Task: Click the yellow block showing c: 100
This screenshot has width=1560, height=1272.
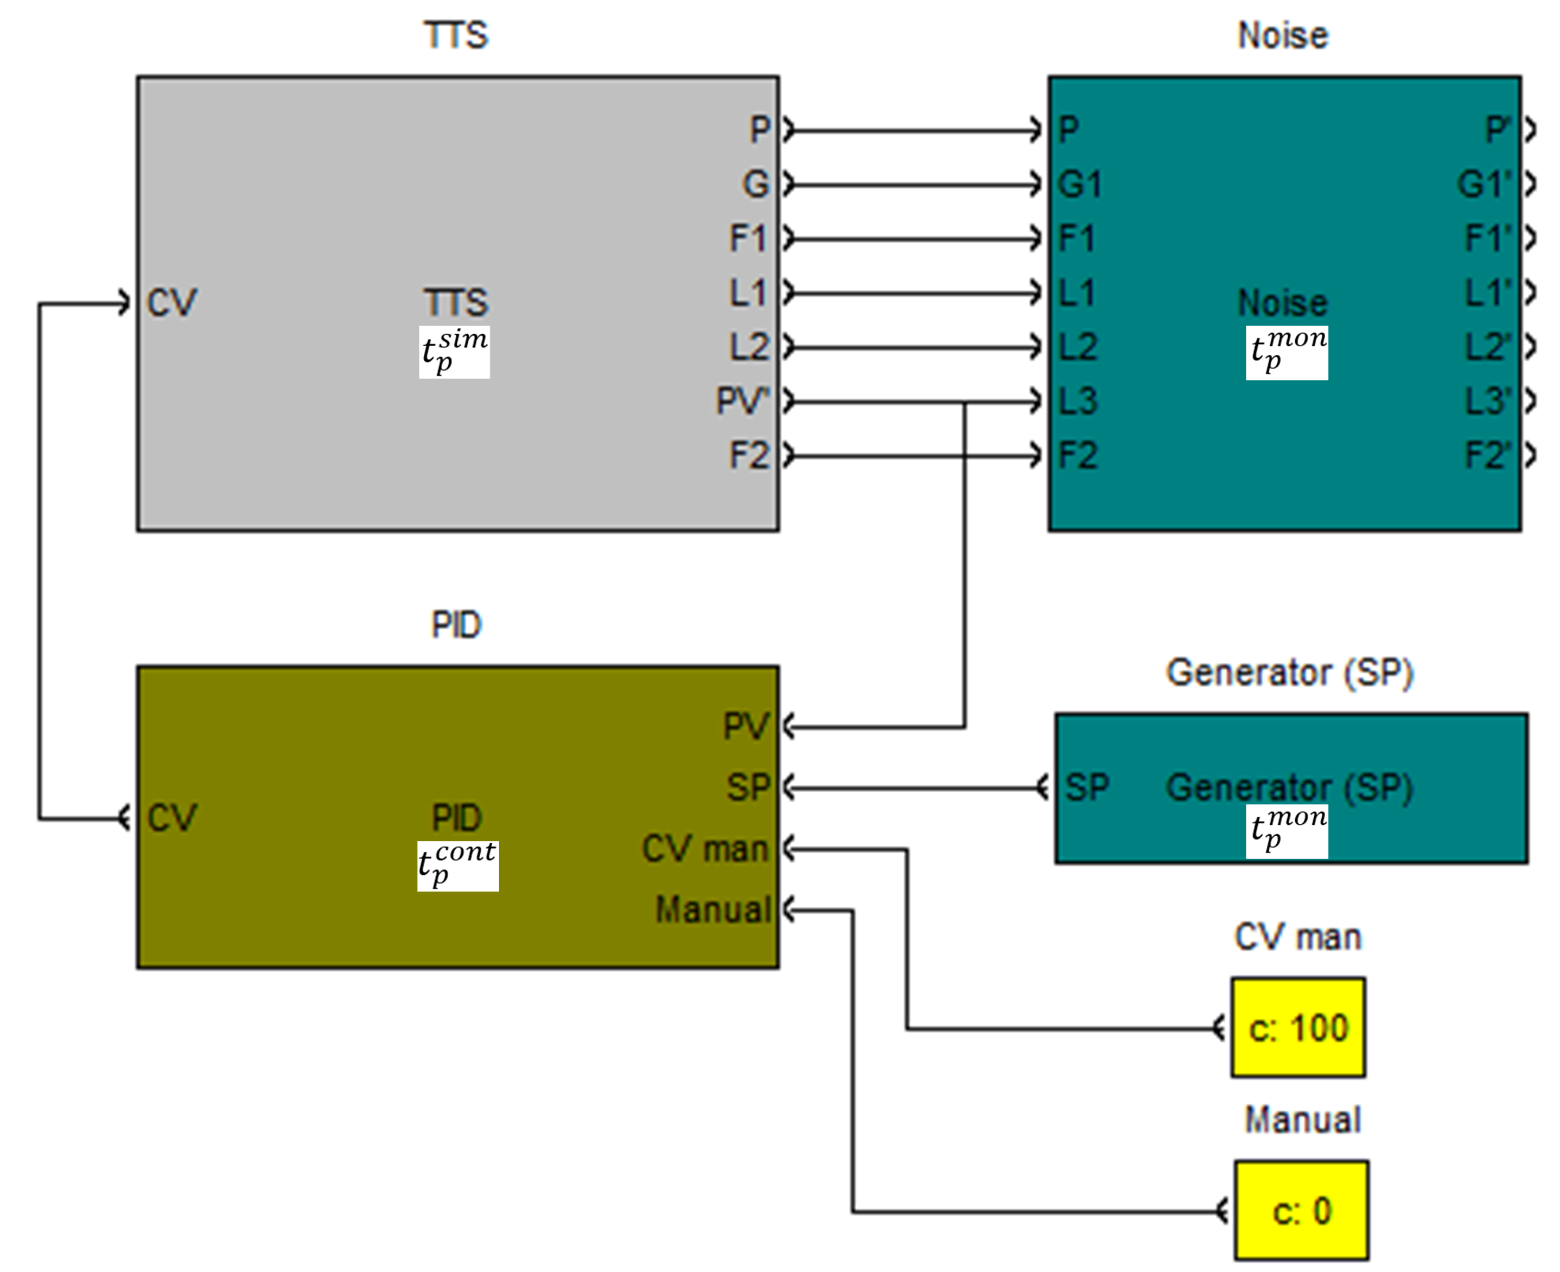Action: click(x=1298, y=1027)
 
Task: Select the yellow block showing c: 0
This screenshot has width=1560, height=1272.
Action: click(x=1301, y=1211)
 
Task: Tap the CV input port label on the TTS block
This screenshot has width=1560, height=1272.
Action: click(x=171, y=303)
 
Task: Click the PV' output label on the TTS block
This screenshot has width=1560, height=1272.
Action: click(x=742, y=401)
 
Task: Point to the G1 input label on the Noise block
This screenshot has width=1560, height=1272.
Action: click(x=1079, y=184)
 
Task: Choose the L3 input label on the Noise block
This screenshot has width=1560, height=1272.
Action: click(x=1078, y=401)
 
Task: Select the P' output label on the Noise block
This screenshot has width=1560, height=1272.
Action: click(x=1498, y=130)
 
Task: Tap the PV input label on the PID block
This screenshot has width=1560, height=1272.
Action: click(x=746, y=726)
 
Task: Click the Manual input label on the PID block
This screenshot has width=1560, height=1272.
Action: click(x=712, y=910)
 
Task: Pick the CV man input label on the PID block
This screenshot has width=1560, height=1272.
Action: click(x=705, y=849)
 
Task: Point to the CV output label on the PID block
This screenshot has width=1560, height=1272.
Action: click(x=171, y=818)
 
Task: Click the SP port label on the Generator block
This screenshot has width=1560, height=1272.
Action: click(x=1087, y=787)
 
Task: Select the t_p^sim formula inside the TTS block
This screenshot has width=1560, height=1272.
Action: click(x=454, y=352)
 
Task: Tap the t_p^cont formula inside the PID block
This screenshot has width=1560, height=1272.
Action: click(x=458, y=866)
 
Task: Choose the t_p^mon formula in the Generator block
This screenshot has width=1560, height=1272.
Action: click(x=1287, y=832)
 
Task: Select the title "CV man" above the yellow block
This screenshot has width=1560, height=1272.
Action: click(x=1298, y=937)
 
